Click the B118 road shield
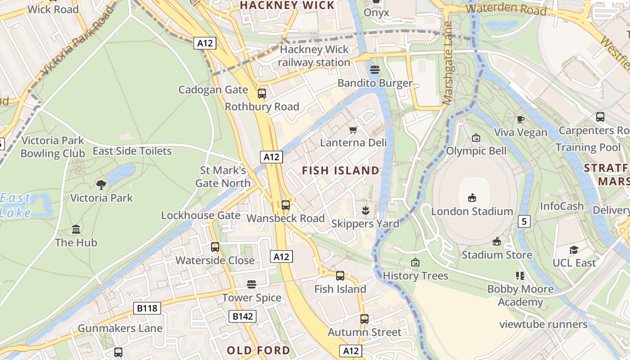147,308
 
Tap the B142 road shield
243,316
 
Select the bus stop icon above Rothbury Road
261,94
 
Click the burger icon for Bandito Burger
375,70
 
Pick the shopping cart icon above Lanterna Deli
353,130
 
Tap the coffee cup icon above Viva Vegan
520,119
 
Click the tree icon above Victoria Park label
101,184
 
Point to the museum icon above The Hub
76,229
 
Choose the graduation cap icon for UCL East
574,250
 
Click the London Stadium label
472,211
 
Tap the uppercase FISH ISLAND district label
341,171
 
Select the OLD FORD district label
258,350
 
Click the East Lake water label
16,205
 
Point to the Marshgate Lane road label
447,63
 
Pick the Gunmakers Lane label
120,328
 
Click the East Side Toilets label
132,151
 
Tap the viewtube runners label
543,324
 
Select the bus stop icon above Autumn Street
364,319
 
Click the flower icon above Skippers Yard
365,210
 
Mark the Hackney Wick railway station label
314,56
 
